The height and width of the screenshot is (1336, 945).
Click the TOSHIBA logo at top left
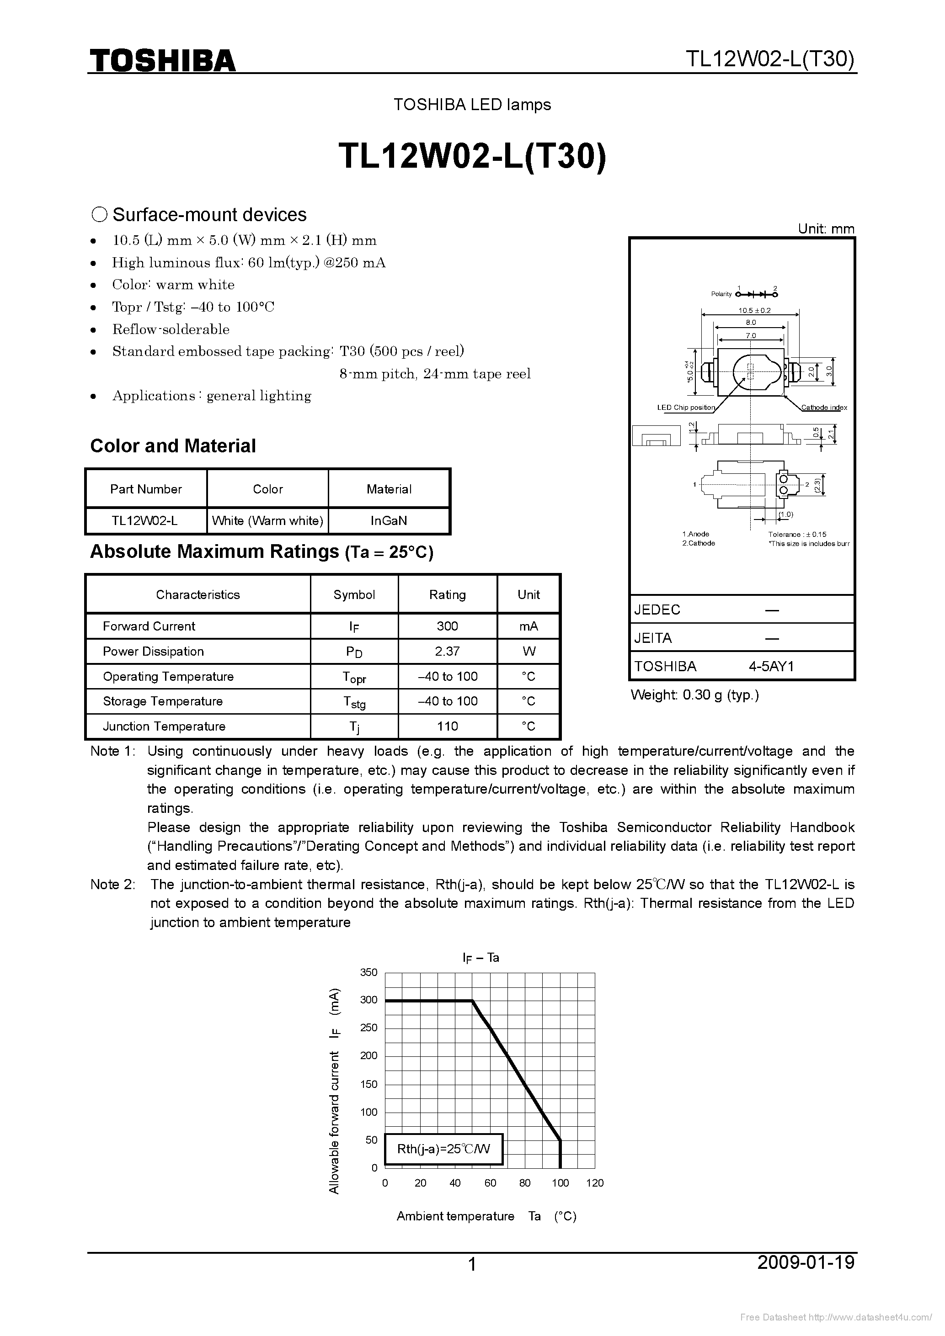[162, 60]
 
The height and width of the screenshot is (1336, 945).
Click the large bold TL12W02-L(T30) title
[472, 157]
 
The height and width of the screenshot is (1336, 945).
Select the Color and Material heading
[173, 446]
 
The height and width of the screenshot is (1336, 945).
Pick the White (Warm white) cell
[267, 521]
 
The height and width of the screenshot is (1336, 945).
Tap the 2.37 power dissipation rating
[447, 652]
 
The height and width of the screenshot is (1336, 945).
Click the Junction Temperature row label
[164, 726]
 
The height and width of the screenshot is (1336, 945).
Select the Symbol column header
[354, 595]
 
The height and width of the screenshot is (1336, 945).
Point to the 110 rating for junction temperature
[447, 726]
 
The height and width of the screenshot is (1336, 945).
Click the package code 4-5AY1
[771, 666]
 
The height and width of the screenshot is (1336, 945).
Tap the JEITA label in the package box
[653, 638]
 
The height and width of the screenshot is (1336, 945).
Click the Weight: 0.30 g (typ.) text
[694, 695]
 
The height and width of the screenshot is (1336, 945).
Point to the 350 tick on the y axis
[368, 972]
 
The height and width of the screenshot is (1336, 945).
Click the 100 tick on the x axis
[560, 1183]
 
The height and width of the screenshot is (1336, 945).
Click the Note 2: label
[112, 885]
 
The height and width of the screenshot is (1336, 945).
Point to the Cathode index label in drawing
[824, 407]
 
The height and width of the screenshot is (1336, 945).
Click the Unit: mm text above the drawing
[826, 228]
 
